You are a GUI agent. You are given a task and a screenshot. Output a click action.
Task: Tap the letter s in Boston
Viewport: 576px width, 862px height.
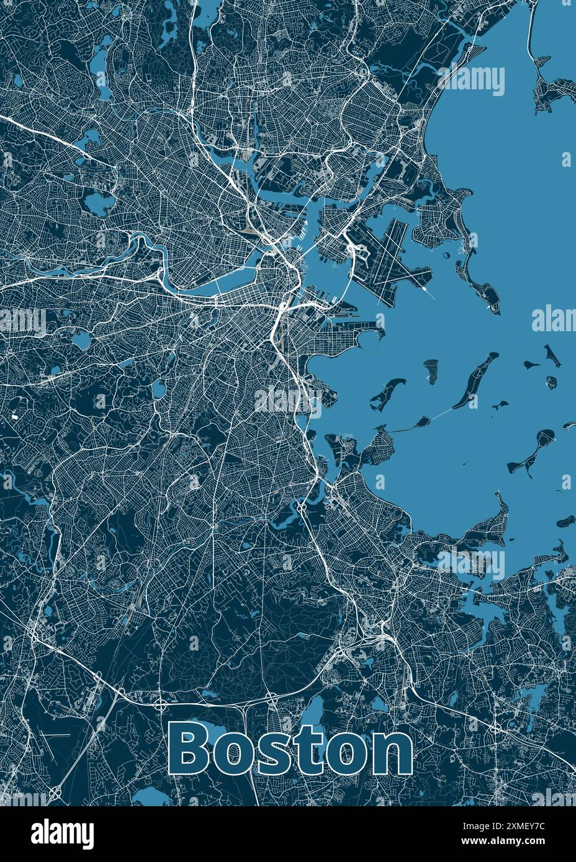pos(271,752)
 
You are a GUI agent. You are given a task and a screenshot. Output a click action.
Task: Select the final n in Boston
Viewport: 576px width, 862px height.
pos(389,752)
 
